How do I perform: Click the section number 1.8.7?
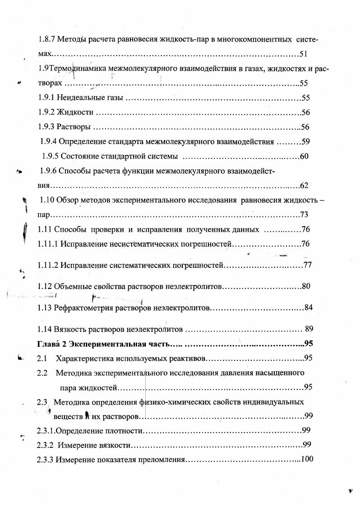coord(46,40)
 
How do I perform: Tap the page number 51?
coord(303,55)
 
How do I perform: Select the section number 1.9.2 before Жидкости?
coord(46,112)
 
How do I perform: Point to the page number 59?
coord(305,142)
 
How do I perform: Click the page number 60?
coord(304,156)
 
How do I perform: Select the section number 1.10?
coord(47,200)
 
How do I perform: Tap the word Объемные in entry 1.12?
coord(72,286)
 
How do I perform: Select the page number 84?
coord(309,308)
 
